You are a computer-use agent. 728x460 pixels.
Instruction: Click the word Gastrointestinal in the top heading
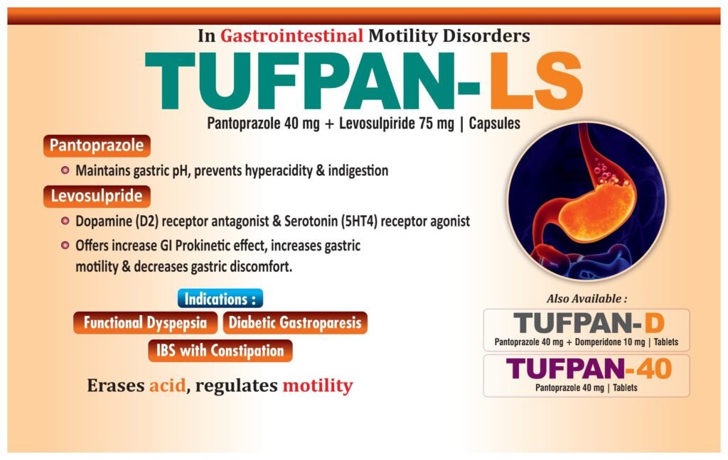tap(291, 35)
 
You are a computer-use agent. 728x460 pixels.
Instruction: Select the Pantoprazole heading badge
tap(97, 146)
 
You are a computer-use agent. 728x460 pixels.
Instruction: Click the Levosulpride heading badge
tap(97, 196)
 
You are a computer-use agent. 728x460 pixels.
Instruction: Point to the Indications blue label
tap(220, 299)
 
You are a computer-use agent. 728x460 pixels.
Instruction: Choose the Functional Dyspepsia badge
tap(145, 323)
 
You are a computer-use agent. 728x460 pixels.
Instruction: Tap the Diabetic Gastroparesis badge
tap(295, 323)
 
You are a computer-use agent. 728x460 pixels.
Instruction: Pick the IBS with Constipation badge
tap(220, 351)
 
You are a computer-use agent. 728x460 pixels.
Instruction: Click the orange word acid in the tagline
tap(167, 385)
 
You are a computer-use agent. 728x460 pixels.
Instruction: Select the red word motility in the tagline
tap(318, 385)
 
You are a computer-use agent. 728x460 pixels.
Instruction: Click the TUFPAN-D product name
tap(589, 323)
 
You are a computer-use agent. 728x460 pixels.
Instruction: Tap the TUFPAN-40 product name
tap(589, 369)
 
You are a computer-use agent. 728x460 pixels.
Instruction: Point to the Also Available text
tap(587, 299)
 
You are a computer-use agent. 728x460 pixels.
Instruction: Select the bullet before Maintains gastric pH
tap(65, 170)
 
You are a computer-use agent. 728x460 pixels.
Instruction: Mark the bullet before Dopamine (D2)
tap(65, 221)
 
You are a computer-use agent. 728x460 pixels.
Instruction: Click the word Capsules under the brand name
tap(495, 124)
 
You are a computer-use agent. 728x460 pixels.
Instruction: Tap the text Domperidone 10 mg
tap(609, 342)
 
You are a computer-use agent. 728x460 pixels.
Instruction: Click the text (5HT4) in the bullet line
tap(359, 221)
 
